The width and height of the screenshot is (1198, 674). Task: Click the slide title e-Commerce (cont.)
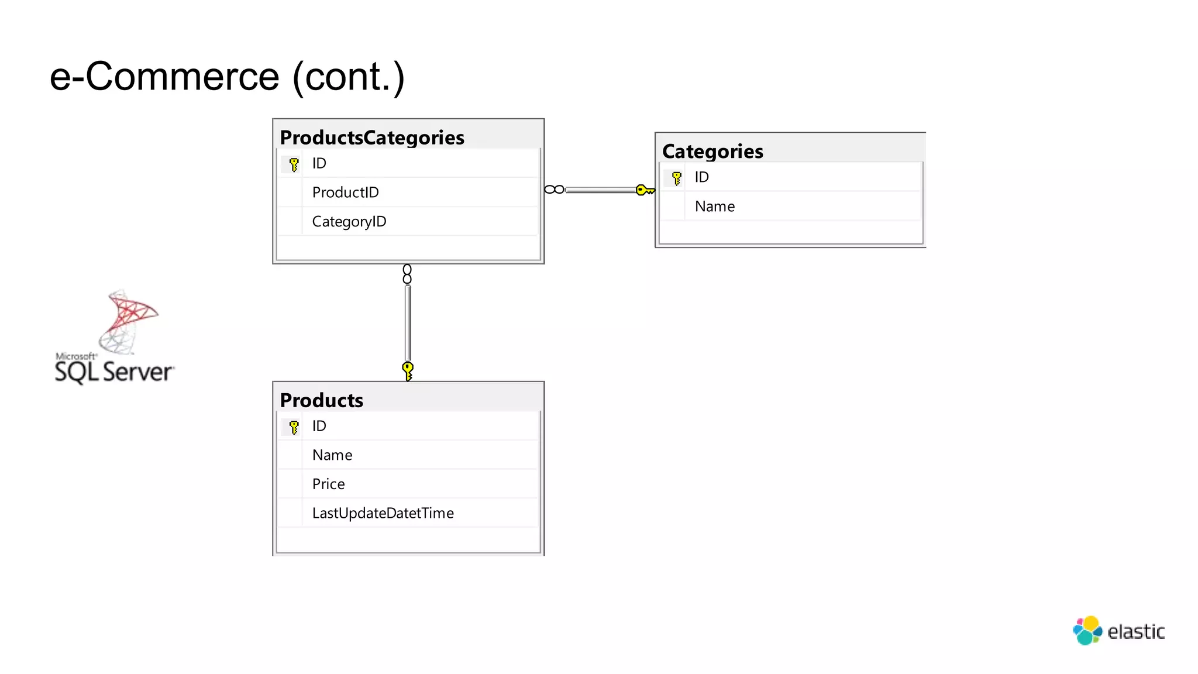point(227,77)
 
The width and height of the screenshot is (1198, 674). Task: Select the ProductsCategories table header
point(372,137)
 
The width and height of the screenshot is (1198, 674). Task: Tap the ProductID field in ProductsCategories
point(345,192)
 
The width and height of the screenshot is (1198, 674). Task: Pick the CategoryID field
point(349,222)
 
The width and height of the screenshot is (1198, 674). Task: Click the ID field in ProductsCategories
point(319,163)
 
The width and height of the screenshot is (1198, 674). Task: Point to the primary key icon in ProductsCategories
point(294,164)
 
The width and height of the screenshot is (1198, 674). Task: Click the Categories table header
point(712,152)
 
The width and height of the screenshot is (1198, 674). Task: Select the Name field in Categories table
point(715,207)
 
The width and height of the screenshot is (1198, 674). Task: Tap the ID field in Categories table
point(701,177)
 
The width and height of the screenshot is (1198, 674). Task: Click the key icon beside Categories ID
point(676,178)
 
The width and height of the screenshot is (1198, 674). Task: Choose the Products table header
point(322,400)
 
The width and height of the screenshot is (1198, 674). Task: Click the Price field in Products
point(328,484)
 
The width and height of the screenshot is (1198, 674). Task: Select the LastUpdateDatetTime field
point(383,513)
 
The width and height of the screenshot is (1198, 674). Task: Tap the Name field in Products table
point(332,455)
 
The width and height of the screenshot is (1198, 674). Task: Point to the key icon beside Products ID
point(294,427)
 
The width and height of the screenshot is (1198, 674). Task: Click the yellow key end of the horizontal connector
point(645,190)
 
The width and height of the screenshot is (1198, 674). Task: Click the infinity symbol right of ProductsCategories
point(554,190)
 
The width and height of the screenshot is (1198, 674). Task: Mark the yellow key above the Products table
point(408,370)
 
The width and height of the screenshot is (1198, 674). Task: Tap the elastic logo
point(1118,631)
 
